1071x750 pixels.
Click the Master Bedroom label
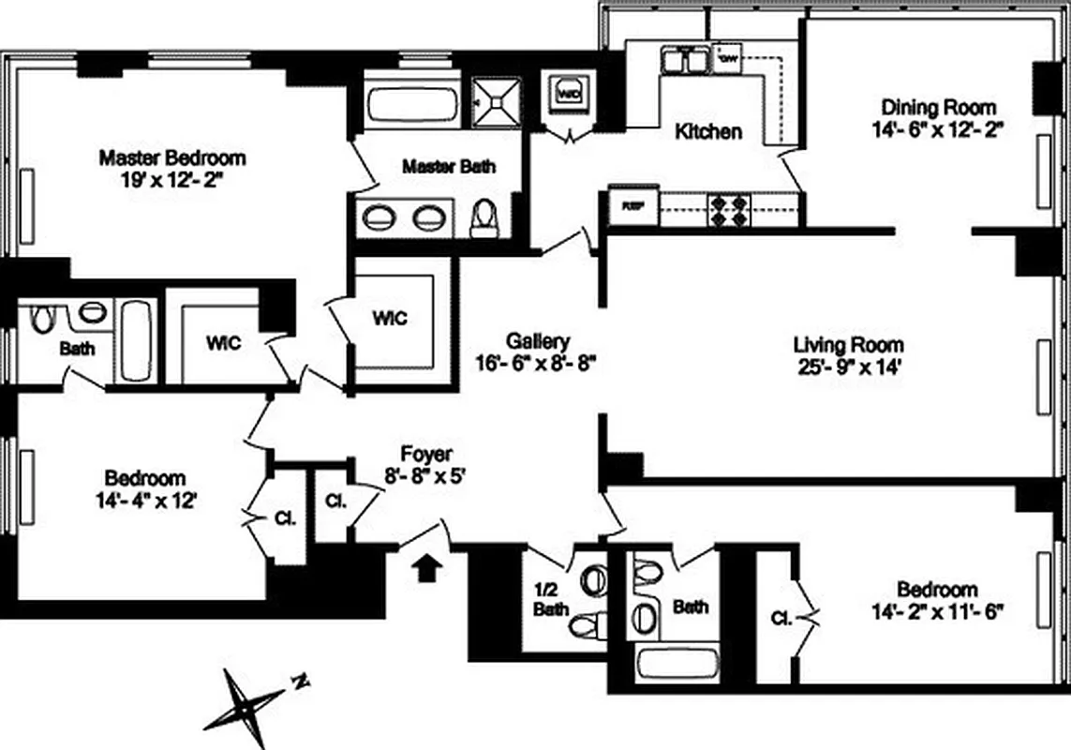[172, 157]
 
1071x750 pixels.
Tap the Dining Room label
[938, 107]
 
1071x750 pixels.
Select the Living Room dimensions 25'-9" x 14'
[848, 367]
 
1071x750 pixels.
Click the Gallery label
[537, 340]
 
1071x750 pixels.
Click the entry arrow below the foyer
[427, 566]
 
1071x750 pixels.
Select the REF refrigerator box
[624, 206]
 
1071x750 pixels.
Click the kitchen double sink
[686, 61]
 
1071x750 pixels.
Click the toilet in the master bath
[483, 218]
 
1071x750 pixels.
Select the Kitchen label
[708, 131]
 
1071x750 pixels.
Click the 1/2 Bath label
[551, 600]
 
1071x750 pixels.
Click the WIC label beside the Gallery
[389, 317]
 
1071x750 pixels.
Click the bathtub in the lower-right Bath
[677, 663]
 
